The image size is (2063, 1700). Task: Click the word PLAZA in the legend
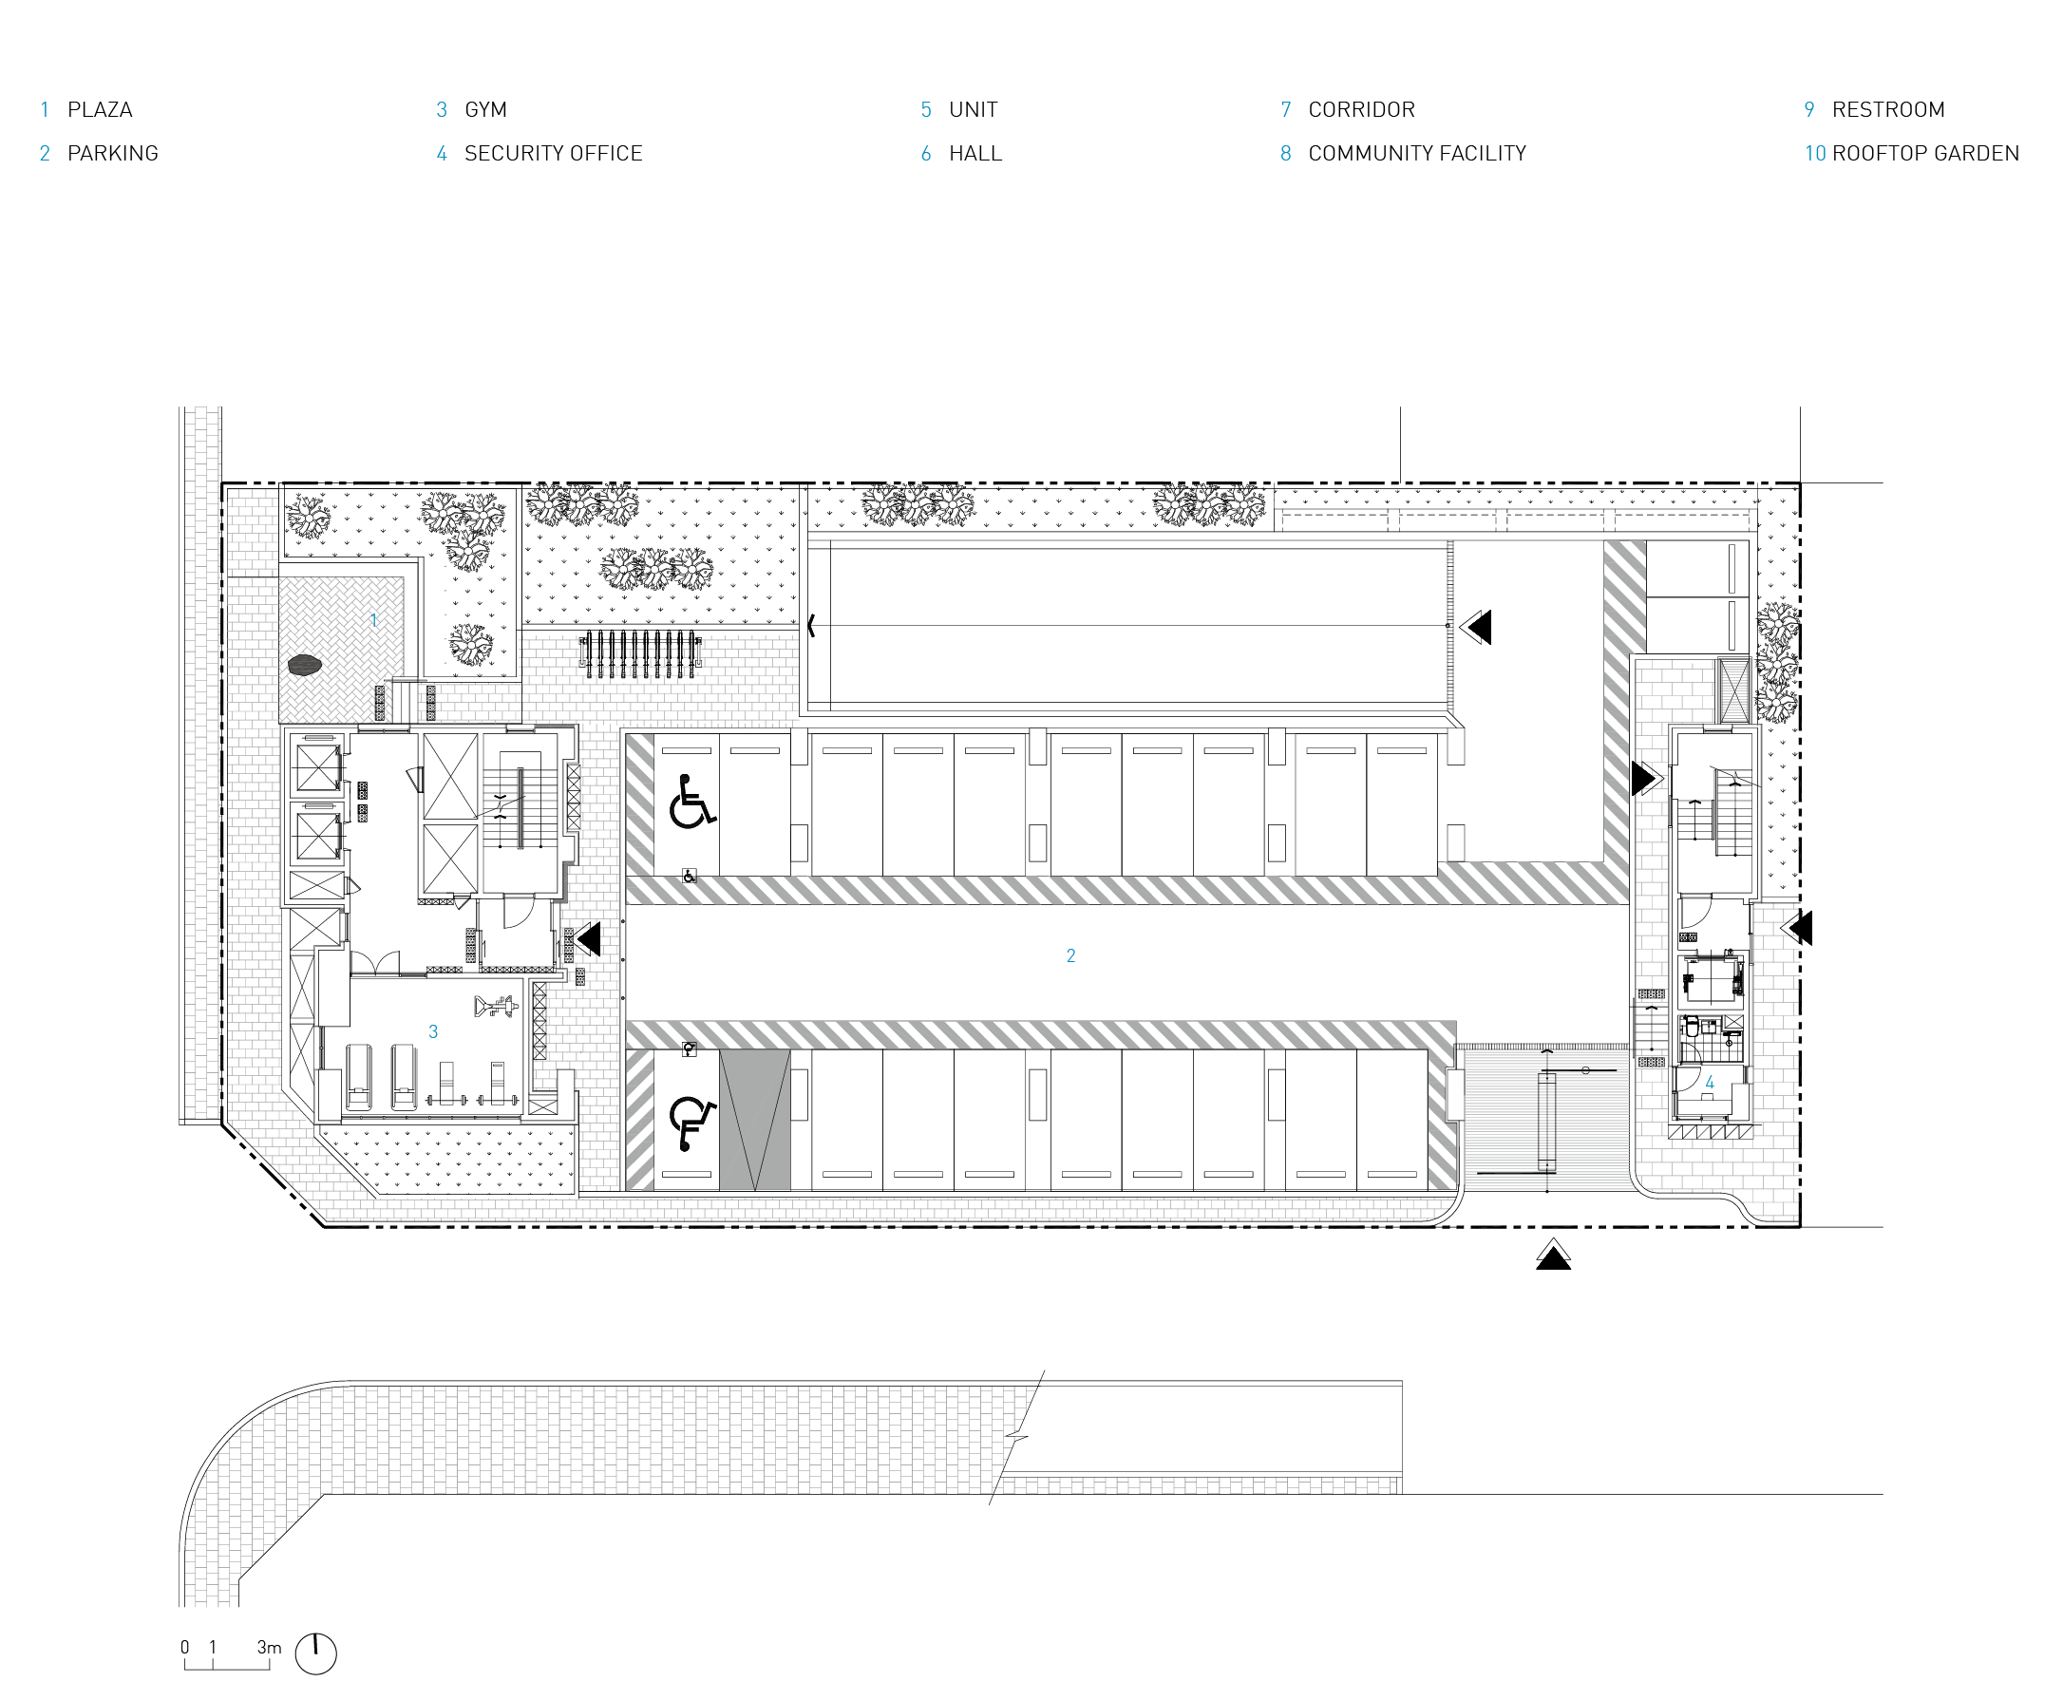pos(100,109)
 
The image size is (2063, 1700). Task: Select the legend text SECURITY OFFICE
pos(553,154)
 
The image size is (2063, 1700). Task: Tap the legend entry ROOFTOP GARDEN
pos(1925,154)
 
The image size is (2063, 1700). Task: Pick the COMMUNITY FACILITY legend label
pos(1417,154)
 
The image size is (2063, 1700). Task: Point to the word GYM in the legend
pos(485,109)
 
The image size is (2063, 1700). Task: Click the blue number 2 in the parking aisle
pos(1070,955)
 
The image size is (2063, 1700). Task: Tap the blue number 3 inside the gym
pos(433,1031)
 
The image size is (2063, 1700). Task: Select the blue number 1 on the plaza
pos(373,620)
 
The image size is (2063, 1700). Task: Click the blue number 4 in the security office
pos(1710,1082)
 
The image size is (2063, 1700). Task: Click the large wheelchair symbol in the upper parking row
pos(691,801)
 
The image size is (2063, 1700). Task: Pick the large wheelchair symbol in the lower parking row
pos(691,1123)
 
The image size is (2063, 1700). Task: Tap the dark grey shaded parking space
pos(754,1121)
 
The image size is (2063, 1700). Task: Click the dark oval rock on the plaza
pos(305,665)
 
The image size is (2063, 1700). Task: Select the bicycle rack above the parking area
pos(640,654)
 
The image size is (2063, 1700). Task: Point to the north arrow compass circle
pos(315,1653)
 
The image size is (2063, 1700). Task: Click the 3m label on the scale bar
pos(269,1647)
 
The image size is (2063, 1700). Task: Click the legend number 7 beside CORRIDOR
pos(1286,109)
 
